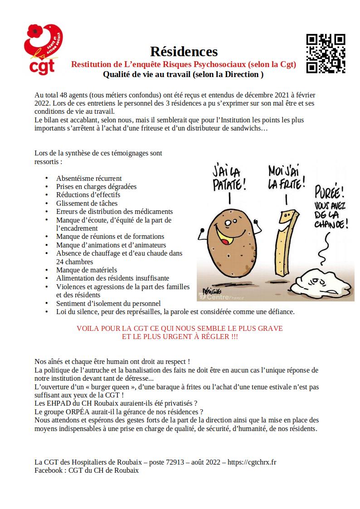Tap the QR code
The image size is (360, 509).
325,53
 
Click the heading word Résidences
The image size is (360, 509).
184,52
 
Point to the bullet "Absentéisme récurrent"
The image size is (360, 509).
89,178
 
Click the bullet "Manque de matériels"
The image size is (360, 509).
87,270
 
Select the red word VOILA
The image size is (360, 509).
88,328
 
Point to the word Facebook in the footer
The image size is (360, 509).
49,470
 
